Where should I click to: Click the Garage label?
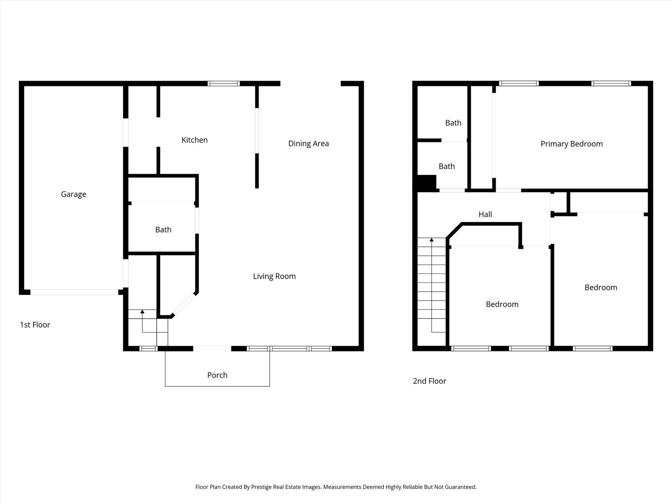(73, 194)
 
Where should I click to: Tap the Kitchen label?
(195, 140)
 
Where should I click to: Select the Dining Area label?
(308, 144)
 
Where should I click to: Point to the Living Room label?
(274, 276)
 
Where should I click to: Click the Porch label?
(217, 375)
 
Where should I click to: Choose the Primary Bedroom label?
(572, 144)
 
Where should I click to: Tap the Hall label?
(485, 214)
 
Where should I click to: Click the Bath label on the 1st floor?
(163, 230)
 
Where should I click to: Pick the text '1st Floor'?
(35, 325)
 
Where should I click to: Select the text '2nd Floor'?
(429, 381)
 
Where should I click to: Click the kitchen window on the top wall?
(224, 84)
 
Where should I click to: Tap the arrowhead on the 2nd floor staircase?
(432, 240)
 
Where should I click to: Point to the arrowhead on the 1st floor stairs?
(142, 312)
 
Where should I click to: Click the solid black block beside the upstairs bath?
(427, 182)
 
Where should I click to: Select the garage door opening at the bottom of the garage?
(74, 292)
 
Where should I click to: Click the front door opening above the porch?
(212, 348)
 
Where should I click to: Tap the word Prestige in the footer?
(261, 487)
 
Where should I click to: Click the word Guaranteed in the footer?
(461, 487)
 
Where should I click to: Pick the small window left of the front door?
(148, 348)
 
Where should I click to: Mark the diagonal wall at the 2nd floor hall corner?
(454, 231)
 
